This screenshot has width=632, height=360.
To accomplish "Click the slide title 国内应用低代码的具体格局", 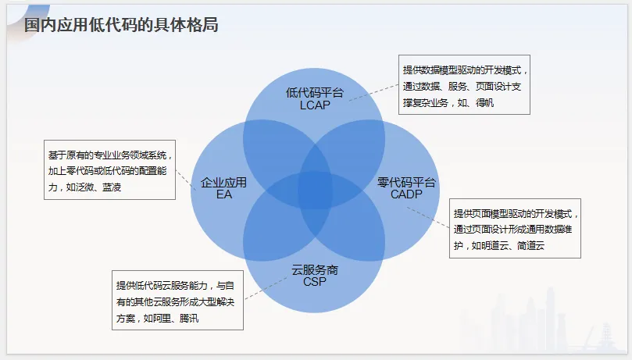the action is [x=120, y=25].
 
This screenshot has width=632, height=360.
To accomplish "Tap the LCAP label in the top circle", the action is [x=314, y=105].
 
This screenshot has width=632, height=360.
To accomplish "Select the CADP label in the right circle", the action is [x=405, y=194].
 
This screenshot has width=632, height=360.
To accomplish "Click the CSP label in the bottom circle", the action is [x=315, y=282].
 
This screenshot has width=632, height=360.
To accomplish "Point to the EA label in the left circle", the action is [x=224, y=194].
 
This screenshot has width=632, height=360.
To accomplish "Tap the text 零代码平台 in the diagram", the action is [x=406, y=182].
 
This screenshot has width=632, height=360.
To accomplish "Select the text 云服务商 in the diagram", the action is [x=315, y=269].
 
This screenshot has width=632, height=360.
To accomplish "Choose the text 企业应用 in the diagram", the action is [x=224, y=182].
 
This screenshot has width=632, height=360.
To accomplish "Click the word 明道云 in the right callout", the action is [x=495, y=245].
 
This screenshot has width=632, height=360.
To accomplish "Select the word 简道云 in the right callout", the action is [x=530, y=245].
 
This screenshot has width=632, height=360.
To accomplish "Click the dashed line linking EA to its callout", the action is [x=184, y=179].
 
